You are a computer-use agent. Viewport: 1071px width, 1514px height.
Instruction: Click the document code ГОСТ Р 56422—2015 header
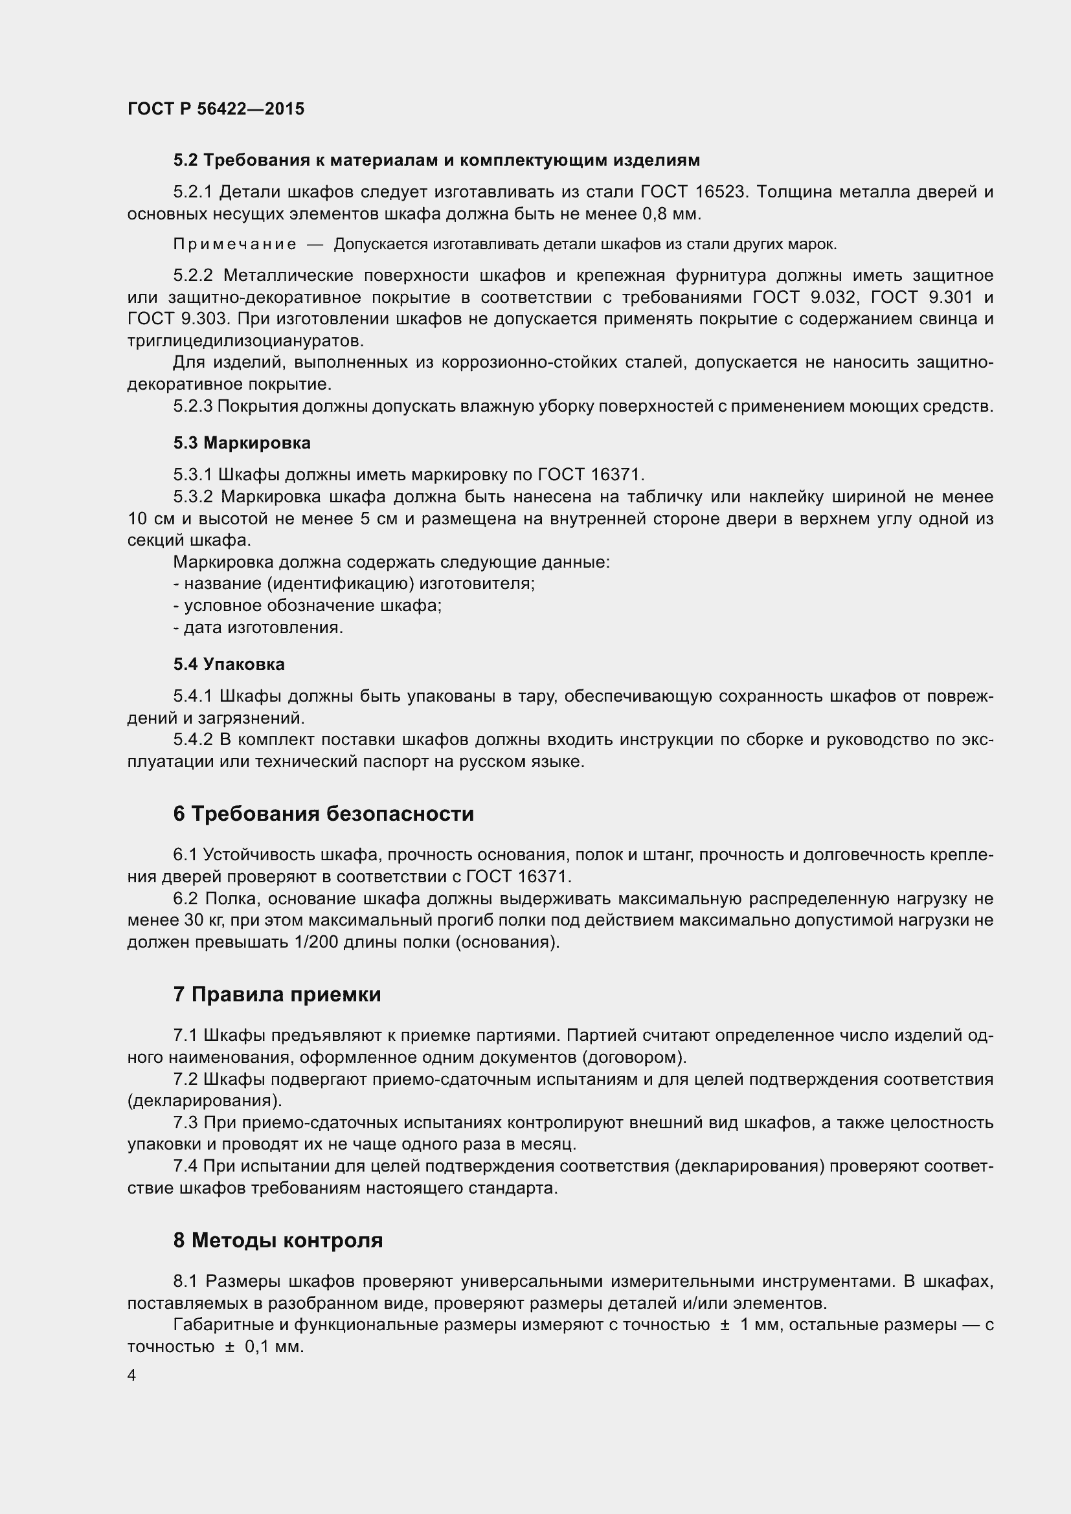[216, 109]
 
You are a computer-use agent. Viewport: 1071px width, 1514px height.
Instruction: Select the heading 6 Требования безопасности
[323, 814]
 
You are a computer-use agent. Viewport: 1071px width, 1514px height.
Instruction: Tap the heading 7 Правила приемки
[277, 994]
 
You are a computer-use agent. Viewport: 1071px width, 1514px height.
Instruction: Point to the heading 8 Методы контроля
[278, 1240]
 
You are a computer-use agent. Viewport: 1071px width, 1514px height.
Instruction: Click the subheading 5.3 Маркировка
[242, 443]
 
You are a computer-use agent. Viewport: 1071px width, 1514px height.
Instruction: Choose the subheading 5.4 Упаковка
[229, 664]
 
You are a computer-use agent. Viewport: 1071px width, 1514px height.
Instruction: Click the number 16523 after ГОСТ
[720, 192]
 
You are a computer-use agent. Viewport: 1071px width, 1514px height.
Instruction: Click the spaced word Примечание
[234, 245]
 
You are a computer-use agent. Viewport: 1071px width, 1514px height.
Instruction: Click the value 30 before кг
[194, 920]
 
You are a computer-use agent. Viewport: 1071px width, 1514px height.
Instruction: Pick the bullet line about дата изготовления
[258, 628]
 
